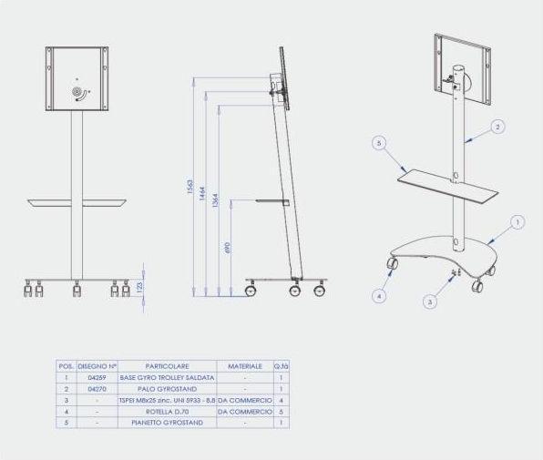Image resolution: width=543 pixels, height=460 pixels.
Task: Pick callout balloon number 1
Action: click(517, 221)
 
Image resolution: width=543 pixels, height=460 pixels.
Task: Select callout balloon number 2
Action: click(497, 128)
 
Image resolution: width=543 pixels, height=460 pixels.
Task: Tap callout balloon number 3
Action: click(431, 301)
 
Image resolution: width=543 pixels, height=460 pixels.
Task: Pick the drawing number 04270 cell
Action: click(97, 388)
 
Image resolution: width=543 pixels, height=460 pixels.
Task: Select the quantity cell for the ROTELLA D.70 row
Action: click(282, 411)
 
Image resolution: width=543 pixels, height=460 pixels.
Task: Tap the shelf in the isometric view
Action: click(448, 186)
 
